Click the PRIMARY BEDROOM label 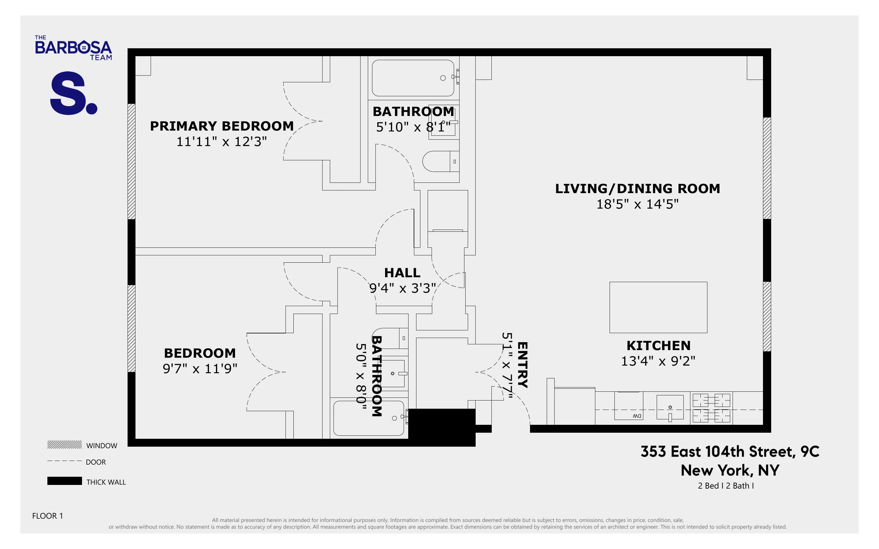(221, 126)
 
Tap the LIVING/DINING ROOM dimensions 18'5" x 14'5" (637, 204)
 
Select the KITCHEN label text (658, 345)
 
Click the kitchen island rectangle (658, 307)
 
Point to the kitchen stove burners (711, 408)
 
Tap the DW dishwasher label (637, 416)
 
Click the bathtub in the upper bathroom (412, 78)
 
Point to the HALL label (402, 273)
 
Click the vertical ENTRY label (522, 365)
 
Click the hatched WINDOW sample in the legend (64, 445)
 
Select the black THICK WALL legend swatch (64, 481)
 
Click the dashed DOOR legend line (64, 461)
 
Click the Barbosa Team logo (73, 48)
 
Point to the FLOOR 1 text (48, 516)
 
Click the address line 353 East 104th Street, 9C (730, 451)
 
